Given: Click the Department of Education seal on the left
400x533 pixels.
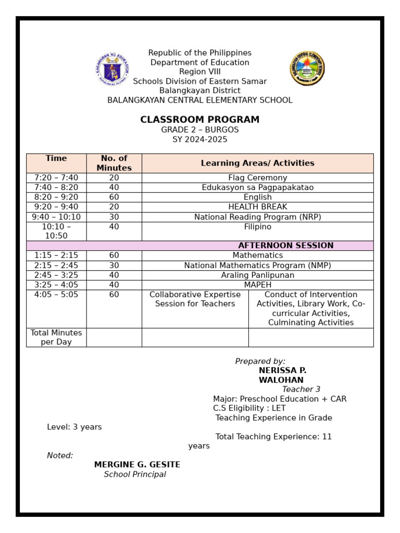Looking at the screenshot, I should (112, 69).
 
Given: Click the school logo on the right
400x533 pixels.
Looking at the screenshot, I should (307, 68).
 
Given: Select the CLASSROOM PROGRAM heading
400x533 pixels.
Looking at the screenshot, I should (199, 120).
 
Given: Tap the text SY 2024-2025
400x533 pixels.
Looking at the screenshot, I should (199, 139).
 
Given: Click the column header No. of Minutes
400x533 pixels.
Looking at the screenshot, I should (114, 163).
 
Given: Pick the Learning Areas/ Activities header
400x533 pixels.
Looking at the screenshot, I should (257, 163).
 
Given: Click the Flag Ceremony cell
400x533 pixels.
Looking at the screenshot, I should (257, 178).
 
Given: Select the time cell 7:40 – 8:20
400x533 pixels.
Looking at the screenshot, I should (56, 187).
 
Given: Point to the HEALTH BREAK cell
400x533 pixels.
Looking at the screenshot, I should (257, 207).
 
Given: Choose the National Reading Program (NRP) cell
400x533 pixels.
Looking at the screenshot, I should (257, 217).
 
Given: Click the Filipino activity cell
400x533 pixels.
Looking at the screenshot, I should (257, 227).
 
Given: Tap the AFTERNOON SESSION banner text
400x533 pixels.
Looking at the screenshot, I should (285, 246).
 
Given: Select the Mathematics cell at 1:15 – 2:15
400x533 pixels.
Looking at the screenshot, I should (257, 256).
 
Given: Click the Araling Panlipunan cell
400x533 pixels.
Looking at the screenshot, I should (257, 275).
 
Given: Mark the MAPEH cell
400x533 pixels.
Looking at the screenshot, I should (257, 285).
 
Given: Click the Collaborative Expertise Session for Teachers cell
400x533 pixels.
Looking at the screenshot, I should (195, 299).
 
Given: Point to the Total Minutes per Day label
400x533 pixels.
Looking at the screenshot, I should (56, 337).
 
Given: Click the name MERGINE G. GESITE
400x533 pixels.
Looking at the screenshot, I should (137, 465).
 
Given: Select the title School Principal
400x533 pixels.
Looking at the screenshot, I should (135, 475).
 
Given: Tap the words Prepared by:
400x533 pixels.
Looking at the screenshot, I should (260, 361).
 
